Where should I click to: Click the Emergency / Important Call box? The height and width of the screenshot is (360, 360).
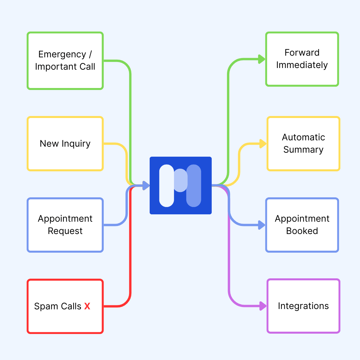click(65, 61)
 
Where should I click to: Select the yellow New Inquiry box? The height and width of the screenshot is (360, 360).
click(65, 144)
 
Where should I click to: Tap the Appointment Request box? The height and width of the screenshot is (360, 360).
click(65, 225)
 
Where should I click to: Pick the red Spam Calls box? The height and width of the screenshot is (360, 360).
click(65, 306)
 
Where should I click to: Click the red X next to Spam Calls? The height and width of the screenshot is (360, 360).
click(87, 306)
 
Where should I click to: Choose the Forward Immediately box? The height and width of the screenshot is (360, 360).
click(302, 59)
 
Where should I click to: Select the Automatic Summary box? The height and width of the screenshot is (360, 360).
click(303, 144)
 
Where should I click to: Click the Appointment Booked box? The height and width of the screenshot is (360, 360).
click(302, 225)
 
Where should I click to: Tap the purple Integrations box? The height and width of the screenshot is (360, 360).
click(303, 306)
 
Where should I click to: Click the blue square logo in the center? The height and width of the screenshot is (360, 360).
click(181, 185)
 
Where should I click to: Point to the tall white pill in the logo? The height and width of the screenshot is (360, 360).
click(167, 185)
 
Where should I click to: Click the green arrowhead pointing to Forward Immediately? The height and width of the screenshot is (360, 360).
click(262, 59)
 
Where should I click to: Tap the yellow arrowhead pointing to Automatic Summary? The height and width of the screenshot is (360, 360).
click(263, 144)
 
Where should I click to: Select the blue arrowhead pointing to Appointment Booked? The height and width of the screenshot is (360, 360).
click(262, 225)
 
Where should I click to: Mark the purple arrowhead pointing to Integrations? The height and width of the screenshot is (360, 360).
click(263, 306)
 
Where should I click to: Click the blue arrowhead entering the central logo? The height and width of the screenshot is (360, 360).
click(146, 185)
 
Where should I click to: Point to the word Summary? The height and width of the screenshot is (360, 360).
click(303, 150)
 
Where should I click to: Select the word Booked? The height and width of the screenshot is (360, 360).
click(302, 231)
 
